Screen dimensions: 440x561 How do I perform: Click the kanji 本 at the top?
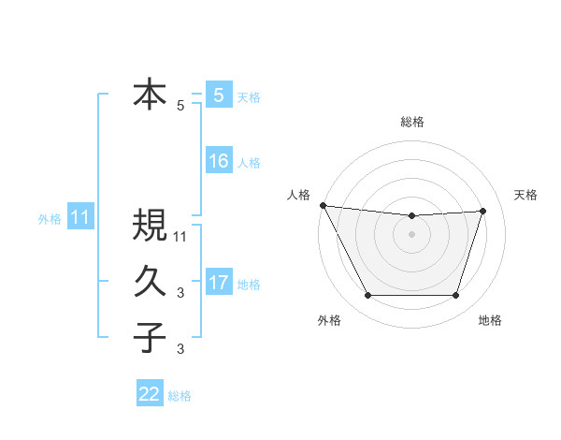click(x=150, y=95)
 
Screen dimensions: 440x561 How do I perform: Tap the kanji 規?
click(x=150, y=226)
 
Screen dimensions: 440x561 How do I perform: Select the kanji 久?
click(x=150, y=282)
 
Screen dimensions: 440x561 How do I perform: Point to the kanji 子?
click(x=150, y=337)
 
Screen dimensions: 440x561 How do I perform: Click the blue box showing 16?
click(x=219, y=161)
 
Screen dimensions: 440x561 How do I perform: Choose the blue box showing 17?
click(x=219, y=283)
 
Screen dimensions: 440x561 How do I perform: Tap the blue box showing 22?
click(x=150, y=394)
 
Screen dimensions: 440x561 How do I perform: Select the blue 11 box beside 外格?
click(x=80, y=218)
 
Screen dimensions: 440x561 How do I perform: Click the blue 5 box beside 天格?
click(x=218, y=95)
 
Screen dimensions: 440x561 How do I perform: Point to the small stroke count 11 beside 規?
click(x=181, y=237)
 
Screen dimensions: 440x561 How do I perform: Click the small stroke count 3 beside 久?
click(x=180, y=293)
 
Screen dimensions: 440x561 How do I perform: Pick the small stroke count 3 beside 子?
click(x=180, y=349)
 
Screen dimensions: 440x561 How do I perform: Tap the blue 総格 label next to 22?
click(x=180, y=396)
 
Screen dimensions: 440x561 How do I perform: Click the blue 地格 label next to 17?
click(x=249, y=285)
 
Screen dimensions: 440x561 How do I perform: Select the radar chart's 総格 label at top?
click(x=411, y=122)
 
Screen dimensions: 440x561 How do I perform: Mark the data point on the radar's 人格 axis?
click(x=323, y=205)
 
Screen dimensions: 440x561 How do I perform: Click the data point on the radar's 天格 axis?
click(x=483, y=211)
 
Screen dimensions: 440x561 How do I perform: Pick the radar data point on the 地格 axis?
click(x=456, y=296)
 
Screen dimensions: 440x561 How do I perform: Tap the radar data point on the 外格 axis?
click(x=367, y=296)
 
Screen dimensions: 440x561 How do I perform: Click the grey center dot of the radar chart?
click(x=411, y=234)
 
